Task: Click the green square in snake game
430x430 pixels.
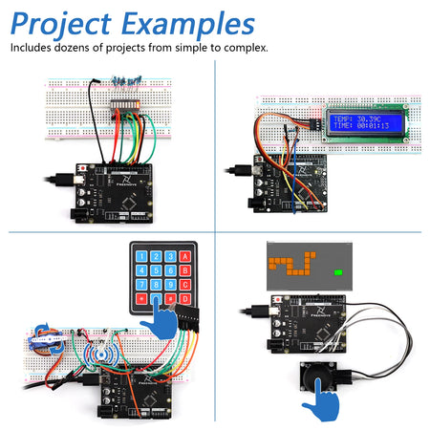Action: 338,272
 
